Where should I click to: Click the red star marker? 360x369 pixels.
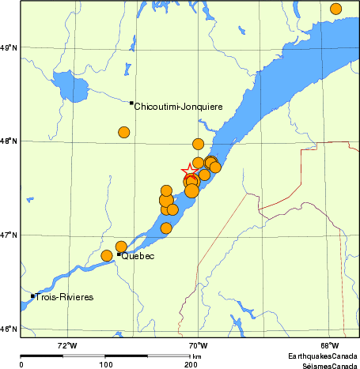pyautogui.click(x=190, y=171)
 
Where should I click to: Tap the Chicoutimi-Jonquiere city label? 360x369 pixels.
pyautogui.click(x=178, y=106)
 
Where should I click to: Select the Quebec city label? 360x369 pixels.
pyautogui.click(x=137, y=256)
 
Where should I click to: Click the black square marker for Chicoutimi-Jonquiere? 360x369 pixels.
pyautogui.click(x=131, y=103)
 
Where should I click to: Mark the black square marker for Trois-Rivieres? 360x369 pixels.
pyautogui.click(x=32, y=296)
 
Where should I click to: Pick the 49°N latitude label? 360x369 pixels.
pyautogui.click(x=9, y=48)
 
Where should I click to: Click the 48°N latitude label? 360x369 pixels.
pyautogui.click(x=9, y=141)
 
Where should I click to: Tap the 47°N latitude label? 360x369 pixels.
pyautogui.click(x=9, y=235)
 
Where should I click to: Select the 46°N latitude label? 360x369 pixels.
pyautogui.click(x=9, y=329)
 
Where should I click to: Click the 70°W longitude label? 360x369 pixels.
pyautogui.click(x=198, y=345)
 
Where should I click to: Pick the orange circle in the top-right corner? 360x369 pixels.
pyautogui.click(x=335, y=9)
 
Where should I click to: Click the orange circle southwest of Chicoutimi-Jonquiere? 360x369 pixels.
pyautogui.click(x=123, y=132)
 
